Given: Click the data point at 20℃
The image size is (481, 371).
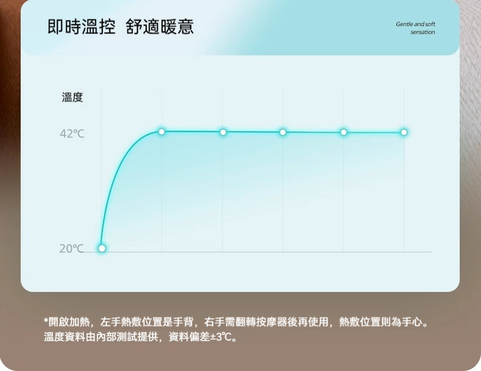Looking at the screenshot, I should coord(102,248).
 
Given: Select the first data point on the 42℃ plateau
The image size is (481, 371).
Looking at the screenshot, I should coord(161,131).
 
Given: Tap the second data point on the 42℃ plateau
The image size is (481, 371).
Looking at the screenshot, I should coord(223,132).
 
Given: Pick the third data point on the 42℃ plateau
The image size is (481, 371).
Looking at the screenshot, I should coord(283,132).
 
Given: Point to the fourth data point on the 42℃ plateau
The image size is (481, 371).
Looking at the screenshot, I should coord(343,132).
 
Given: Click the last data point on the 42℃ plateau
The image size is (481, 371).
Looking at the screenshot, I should coord(404,132).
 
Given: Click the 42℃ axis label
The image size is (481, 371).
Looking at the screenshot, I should coord(72,134).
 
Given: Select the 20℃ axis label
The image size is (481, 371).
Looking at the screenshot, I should coord(71,248).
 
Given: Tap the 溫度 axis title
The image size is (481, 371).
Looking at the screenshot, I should coord(72,97).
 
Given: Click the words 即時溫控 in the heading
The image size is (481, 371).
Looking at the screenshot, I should coord(82,27).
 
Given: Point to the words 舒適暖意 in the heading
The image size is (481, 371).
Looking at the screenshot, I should coord(160,27).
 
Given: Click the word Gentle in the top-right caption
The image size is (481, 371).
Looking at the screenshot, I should coord(404,24).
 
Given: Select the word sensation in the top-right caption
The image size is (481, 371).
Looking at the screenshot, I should coord(423,32).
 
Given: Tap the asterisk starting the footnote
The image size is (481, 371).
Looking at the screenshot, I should coord(46,321).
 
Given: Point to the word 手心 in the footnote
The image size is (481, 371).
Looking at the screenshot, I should coord(417,322).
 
